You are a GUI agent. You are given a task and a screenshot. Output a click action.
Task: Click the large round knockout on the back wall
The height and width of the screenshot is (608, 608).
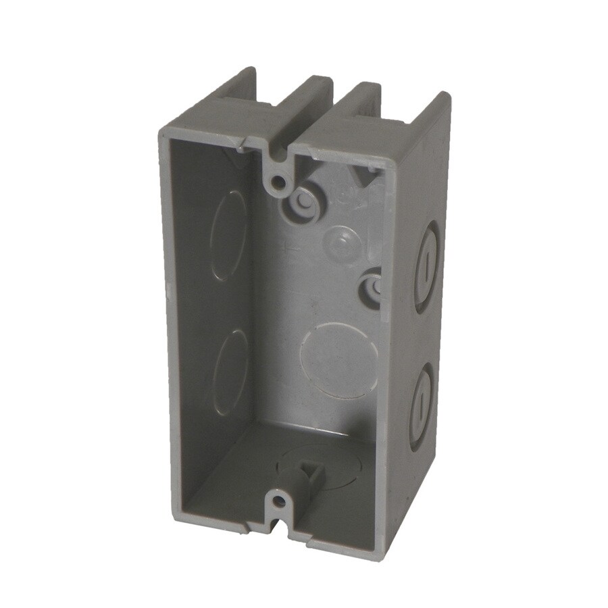[338, 359]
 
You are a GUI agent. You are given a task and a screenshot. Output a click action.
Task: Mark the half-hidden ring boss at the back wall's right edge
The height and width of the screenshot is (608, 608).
[372, 286]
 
